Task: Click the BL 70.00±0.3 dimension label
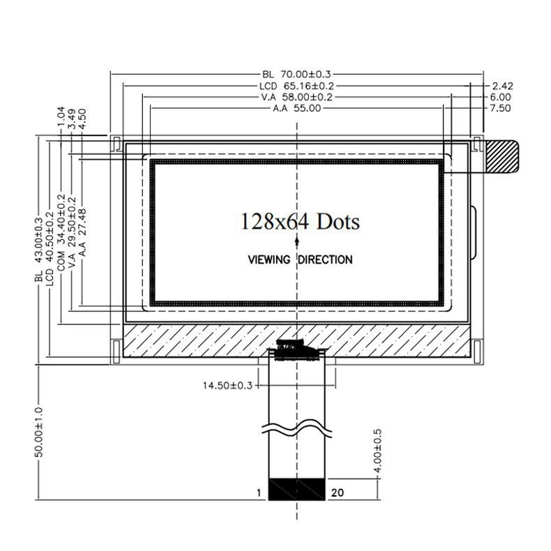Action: click(296, 75)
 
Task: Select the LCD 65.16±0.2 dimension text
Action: click(296, 86)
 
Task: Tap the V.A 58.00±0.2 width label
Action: click(297, 97)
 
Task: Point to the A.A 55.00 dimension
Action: click(297, 108)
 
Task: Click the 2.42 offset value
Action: click(502, 86)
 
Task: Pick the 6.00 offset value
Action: click(500, 97)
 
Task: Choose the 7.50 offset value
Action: click(500, 108)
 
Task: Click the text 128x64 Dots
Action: click(301, 222)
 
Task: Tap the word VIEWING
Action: click(269, 259)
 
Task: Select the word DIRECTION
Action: click(326, 259)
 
